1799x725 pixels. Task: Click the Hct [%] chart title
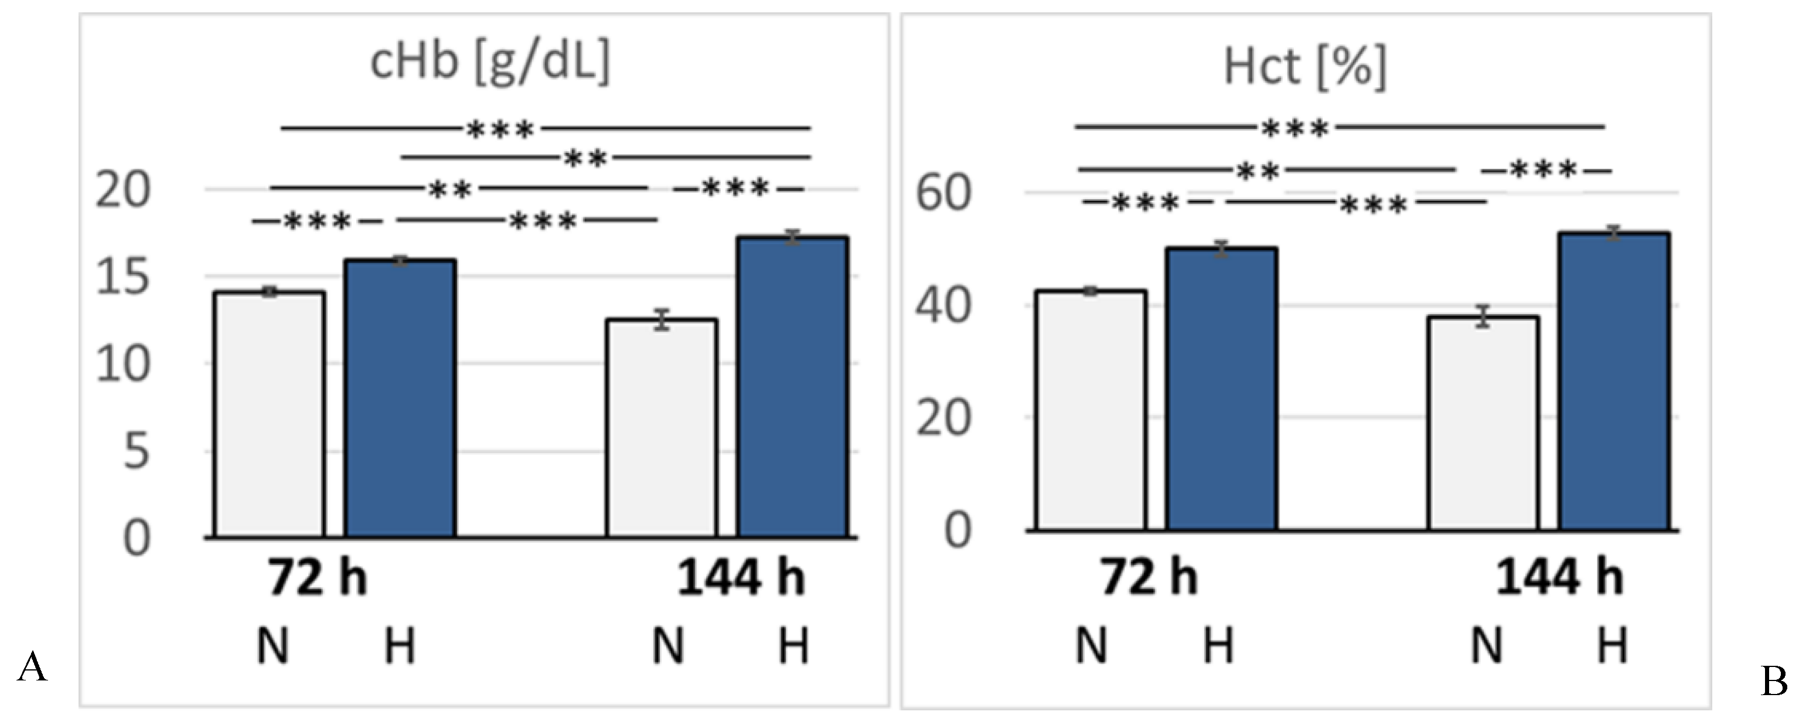1304,67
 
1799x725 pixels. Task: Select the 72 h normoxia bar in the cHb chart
270,415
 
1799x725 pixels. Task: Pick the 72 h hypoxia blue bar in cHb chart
400,398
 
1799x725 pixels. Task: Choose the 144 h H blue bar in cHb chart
793,387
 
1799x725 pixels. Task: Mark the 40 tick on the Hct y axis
943,307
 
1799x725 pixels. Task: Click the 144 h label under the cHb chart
741,579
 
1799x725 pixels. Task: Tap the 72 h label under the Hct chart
1149,579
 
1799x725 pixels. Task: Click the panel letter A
32,668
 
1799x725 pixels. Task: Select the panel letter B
1774,682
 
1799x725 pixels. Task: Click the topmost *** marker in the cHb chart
500,129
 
